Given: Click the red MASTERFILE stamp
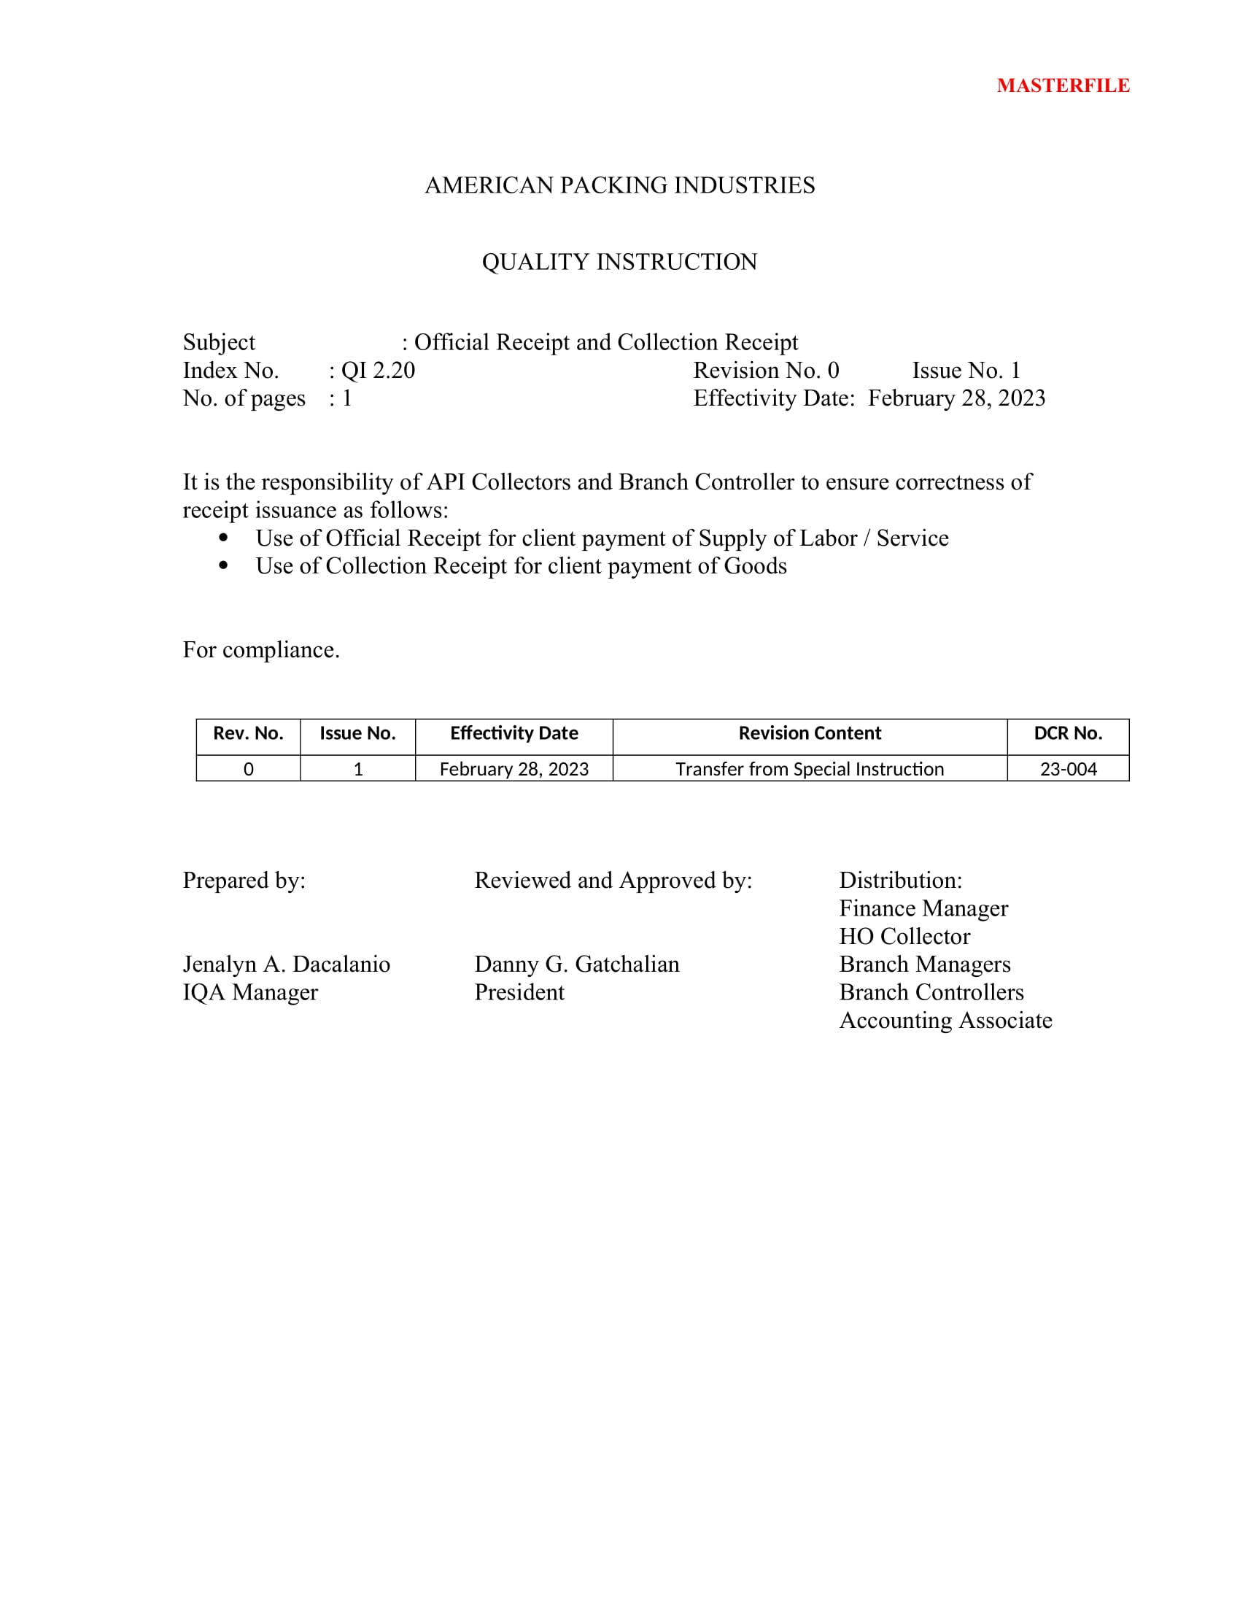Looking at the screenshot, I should tap(1062, 86).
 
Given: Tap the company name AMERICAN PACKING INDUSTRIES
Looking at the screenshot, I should tap(619, 185).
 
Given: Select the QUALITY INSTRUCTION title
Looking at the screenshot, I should tap(619, 262).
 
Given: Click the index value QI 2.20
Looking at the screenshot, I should tap(378, 371).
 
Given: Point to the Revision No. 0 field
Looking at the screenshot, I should tap(765, 371).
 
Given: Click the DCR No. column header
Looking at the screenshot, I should tap(1067, 733).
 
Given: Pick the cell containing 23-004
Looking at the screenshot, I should tap(1067, 769).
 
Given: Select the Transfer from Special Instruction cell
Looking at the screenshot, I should tap(809, 769).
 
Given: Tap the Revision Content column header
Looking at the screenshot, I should tap(809, 733).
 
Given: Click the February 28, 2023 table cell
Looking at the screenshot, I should tap(514, 769).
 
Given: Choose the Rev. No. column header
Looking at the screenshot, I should tap(247, 733).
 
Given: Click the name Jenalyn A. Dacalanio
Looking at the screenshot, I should tap(286, 964).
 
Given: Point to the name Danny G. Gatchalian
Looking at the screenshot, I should tap(577, 964).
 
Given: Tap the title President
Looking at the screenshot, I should tap(519, 993).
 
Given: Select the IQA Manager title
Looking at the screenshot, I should tap(249, 993).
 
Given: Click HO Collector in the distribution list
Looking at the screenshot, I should tap(904, 937).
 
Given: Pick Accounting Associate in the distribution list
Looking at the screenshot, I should tap(945, 1021).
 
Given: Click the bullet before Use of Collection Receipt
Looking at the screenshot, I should tap(223, 565).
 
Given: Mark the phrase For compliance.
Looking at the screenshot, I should tap(261, 649).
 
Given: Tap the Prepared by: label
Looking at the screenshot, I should tap(244, 881).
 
